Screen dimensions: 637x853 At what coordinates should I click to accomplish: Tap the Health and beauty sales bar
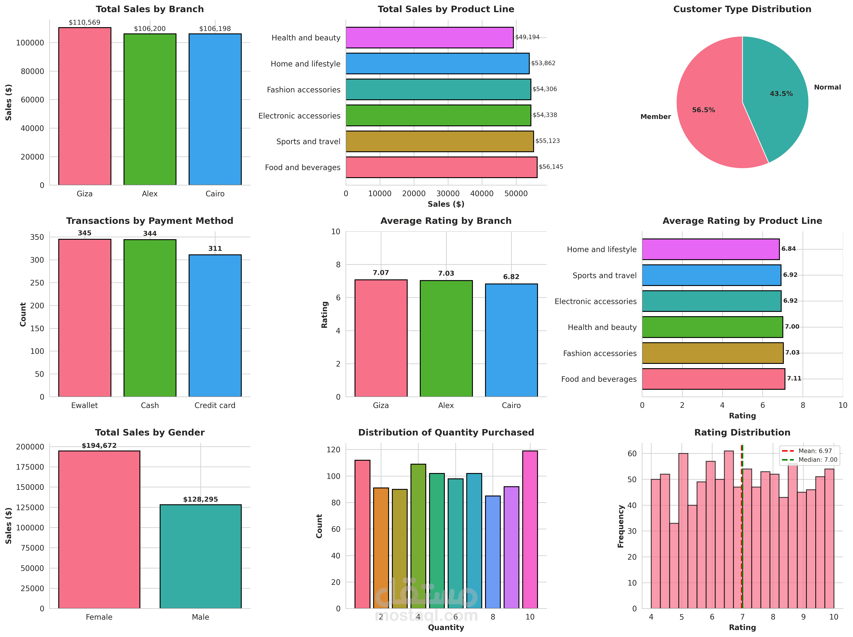(x=429, y=37)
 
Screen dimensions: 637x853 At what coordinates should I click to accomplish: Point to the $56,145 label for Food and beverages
(x=551, y=167)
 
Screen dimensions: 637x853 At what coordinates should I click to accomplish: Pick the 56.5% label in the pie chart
(x=703, y=110)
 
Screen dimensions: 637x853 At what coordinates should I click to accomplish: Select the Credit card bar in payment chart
(x=215, y=326)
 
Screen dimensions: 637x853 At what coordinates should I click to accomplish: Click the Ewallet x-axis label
(x=84, y=405)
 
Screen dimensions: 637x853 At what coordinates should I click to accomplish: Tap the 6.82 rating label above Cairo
(x=511, y=277)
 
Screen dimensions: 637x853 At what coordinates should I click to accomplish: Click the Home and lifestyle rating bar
(x=710, y=249)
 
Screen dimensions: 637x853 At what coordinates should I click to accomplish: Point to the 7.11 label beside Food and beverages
(x=794, y=378)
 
